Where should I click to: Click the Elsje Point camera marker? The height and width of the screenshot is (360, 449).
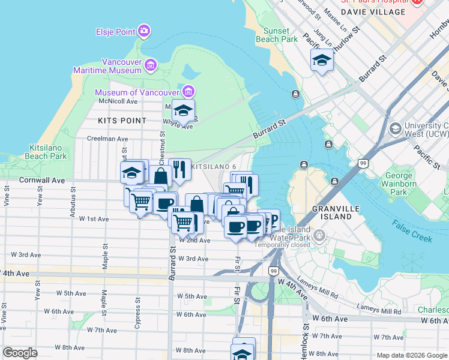pos(143,31)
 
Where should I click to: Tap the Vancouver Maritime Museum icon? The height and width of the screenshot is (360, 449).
pos(150,64)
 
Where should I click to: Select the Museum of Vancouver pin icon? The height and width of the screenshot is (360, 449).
pos(188,92)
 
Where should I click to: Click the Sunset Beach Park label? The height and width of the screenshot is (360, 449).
pos(280,35)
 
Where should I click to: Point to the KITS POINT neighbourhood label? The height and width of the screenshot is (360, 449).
pos(122,121)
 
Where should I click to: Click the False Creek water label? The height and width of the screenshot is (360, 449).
pos(412,231)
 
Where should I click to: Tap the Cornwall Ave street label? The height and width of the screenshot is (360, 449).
pos(41,179)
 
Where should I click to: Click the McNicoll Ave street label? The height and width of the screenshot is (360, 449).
pos(118,101)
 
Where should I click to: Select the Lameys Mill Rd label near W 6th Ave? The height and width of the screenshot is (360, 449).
pos(379,311)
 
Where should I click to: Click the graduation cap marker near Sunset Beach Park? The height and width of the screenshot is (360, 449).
pos(322,61)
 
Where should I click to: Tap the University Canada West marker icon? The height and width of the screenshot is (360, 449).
pos(395,128)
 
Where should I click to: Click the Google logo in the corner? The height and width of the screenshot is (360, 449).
pos(20,353)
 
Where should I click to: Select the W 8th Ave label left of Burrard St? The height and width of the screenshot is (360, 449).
pos(70,347)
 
